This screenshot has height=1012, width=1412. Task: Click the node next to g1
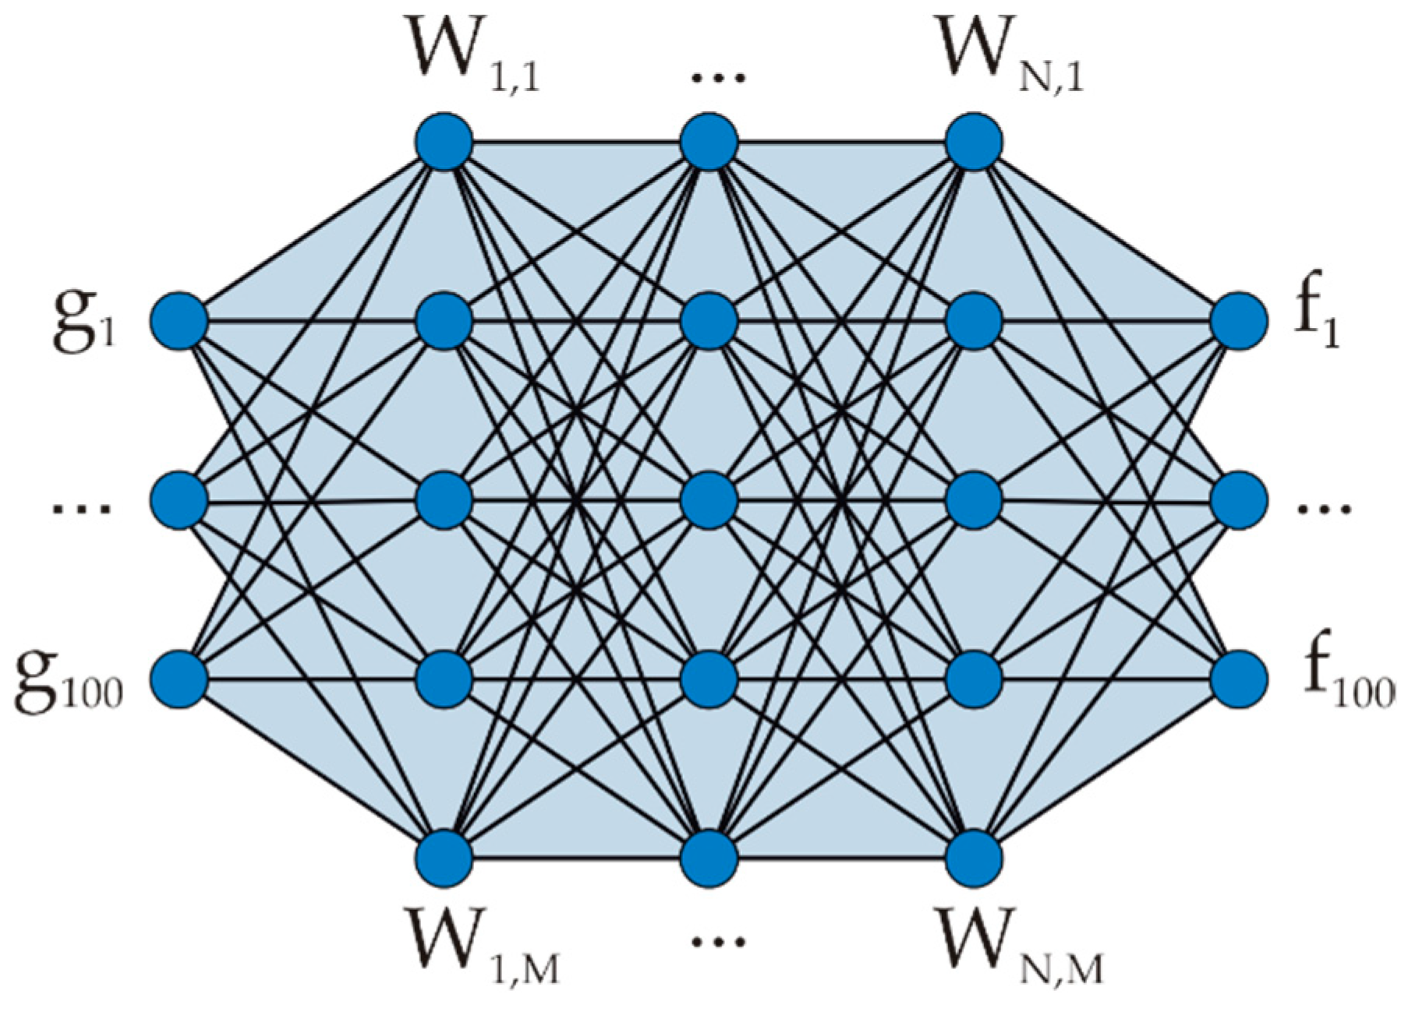tap(179, 320)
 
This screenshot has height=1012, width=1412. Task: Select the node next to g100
tap(179, 679)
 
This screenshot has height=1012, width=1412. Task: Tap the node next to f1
tap(1239, 320)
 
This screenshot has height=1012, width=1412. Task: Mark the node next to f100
tap(1239, 679)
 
